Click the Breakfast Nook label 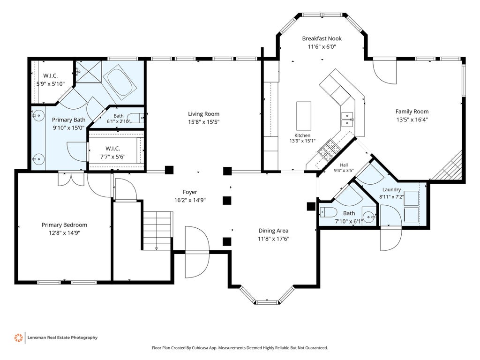coord(322,38)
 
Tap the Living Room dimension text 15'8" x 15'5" coord(203,122)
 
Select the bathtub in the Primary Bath coord(120,83)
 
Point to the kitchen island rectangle coord(304,116)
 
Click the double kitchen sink coord(347,119)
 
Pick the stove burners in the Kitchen coord(329,150)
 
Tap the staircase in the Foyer coord(157,231)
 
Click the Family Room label coord(412,112)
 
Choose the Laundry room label coord(391,189)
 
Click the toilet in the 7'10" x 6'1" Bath coord(328,212)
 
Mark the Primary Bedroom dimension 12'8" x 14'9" coord(64,233)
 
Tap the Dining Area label coord(273,231)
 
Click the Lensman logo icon coord(18,337)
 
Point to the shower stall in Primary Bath coord(88,72)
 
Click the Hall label coord(344,165)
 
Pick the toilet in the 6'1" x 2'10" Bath coord(135,118)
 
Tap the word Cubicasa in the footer coord(200,348)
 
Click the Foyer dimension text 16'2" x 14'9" coord(190,200)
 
